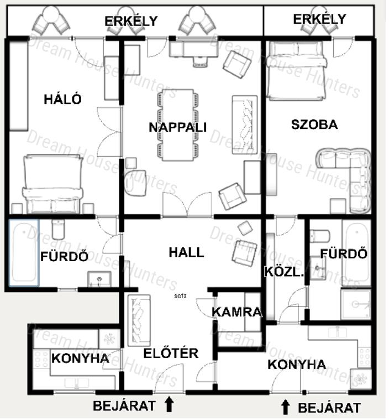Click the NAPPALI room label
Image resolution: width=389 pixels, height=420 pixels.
pyautogui.click(x=177, y=127)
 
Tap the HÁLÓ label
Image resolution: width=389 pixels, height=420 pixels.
pyautogui.click(x=62, y=99)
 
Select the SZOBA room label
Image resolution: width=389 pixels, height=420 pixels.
pyautogui.click(x=314, y=125)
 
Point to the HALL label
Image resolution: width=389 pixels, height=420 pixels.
pyautogui.click(x=186, y=252)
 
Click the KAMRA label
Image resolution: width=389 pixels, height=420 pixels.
pyautogui.click(x=237, y=312)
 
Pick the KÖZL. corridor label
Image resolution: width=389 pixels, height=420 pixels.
pyautogui.click(x=285, y=272)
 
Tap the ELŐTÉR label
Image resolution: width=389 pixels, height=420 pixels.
pyautogui.click(x=171, y=353)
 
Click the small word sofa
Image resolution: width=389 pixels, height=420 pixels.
pyautogui.click(x=180, y=296)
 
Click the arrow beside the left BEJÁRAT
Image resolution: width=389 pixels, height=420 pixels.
pyautogui.click(x=169, y=404)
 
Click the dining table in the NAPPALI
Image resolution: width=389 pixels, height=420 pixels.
pyautogui.click(x=178, y=125)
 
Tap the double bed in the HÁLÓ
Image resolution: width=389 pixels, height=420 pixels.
pyautogui.click(x=52, y=184)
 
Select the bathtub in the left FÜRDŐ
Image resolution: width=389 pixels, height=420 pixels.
pyautogui.click(x=24, y=253)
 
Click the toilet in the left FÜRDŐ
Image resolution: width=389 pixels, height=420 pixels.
pyautogui.click(x=58, y=229)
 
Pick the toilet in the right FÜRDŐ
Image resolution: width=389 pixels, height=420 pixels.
pyautogui.click(x=320, y=235)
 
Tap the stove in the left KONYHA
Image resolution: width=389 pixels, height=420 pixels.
pyautogui.click(x=41, y=359)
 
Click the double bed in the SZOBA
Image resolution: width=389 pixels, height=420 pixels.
pyautogui.click(x=297, y=71)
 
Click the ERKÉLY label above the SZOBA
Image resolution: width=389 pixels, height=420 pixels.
pyautogui.click(x=319, y=19)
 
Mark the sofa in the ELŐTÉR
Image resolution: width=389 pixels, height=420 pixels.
pyautogui.click(x=139, y=320)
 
